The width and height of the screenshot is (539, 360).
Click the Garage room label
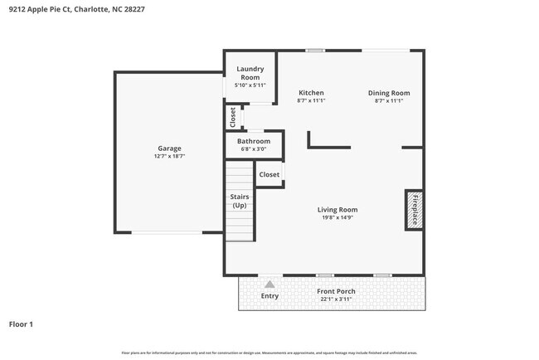169,148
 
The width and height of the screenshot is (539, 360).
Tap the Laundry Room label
250,73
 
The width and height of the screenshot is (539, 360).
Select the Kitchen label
310,93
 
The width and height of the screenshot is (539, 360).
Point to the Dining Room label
389,93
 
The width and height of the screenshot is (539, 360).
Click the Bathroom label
254,141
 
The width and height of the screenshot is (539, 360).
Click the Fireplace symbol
414,209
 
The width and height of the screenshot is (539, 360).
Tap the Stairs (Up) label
240,201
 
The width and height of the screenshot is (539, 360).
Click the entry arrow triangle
269,284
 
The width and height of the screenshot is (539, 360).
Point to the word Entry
269,296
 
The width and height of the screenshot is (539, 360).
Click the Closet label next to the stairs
269,175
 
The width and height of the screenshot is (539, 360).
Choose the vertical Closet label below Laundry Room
233,117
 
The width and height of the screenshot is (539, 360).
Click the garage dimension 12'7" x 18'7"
169,157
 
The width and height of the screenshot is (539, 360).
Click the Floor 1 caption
21,324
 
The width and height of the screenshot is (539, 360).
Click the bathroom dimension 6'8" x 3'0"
254,149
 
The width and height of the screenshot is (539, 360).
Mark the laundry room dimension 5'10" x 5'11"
250,85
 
